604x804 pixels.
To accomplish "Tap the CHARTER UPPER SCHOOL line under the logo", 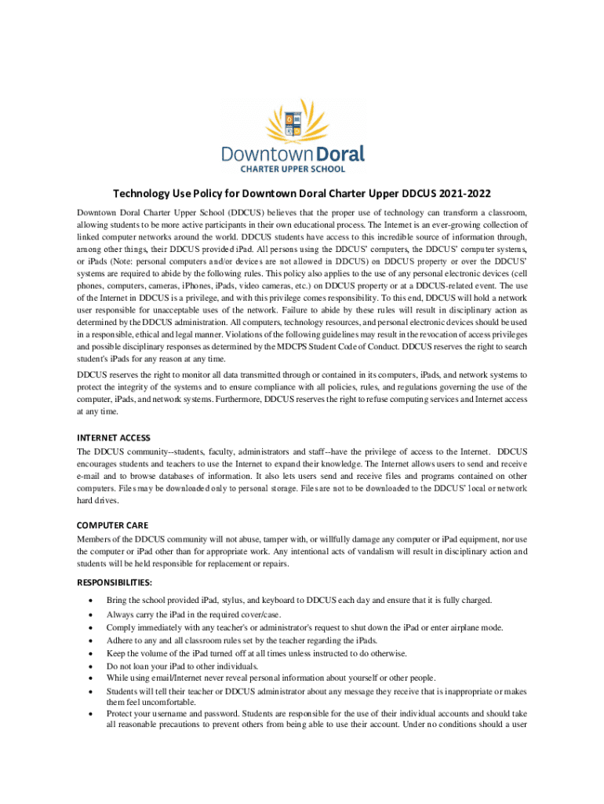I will click(301, 169).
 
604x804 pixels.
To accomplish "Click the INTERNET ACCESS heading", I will click(113, 437).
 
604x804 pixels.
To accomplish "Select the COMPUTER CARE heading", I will click(112, 524).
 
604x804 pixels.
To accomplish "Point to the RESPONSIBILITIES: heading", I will click(114, 583).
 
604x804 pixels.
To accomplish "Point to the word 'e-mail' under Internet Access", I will click(89, 476).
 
